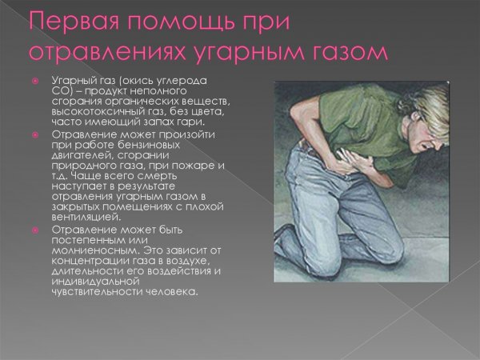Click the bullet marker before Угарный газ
coord(35,82)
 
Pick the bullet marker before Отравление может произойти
coord(35,134)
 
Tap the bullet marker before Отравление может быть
coord(35,229)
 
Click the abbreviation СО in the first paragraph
coord(60,91)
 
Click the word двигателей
coord(81,155)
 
